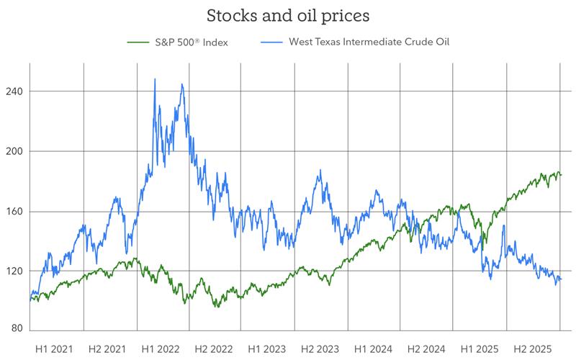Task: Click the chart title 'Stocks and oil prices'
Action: pyautogui.click(x=287, y=15)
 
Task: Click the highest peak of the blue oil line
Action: pyautogui.click(x=155, y=79)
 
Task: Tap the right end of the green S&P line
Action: pyautogui.click(x=562, y=174)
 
